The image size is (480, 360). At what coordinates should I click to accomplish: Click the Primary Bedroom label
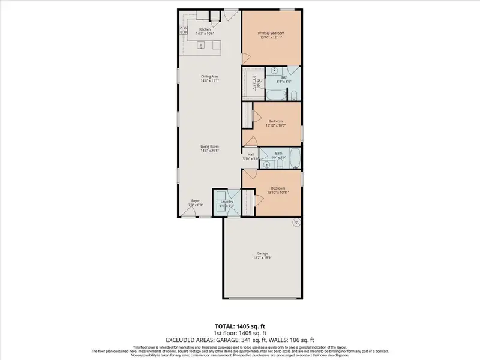[x=271, y=33]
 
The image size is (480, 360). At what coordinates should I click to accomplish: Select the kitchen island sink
[x=202, y=44]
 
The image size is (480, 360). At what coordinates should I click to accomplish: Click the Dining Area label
[x=209, y=76]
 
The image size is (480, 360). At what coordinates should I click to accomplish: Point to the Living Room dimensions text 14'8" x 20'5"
[x=209, y=150]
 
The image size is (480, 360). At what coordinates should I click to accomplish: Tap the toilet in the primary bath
[x=294, y=94]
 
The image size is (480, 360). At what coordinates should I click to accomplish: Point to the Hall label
[x=251, y=155]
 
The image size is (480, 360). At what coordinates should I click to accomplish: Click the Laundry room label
[x=227, y=202]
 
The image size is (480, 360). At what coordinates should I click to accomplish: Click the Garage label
[x=263, y=254]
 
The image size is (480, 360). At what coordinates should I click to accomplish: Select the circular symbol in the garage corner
[x=295, y=223]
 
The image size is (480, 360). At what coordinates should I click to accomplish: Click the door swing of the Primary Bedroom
[x=244, y=58]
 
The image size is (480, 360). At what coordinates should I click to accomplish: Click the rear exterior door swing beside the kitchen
[x=230, y=16]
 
